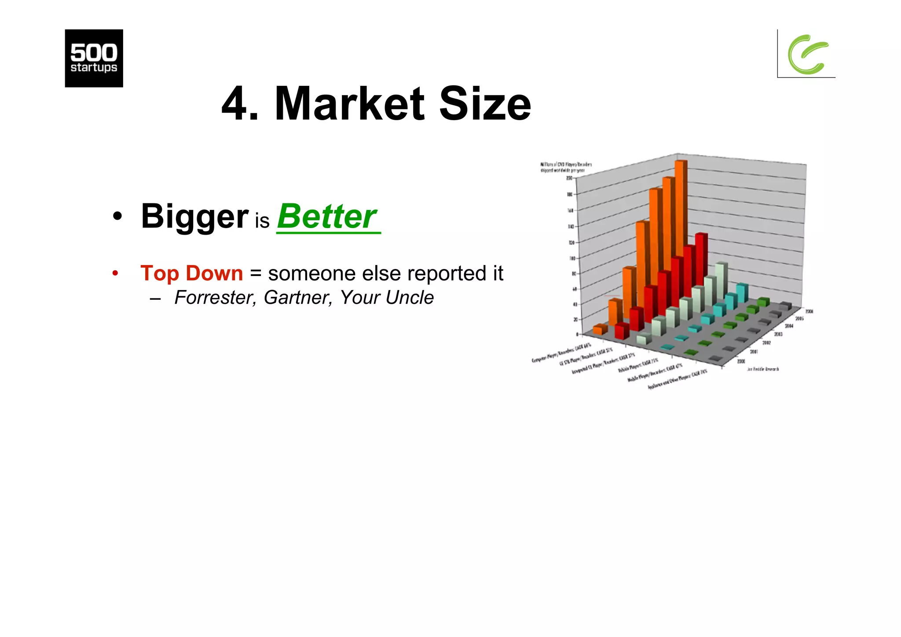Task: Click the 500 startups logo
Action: click(94, 58)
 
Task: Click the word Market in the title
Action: click(349, 104)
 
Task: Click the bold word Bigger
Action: click(194, 217)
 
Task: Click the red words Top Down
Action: click(191, 273)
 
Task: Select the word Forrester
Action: click(215, 298)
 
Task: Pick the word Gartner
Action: click(297, 298)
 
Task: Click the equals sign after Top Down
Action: click(256, 273)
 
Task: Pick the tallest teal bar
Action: click(742, 293)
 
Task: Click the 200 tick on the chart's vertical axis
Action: click(569, 178)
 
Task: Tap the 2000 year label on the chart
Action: click(741, 361)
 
